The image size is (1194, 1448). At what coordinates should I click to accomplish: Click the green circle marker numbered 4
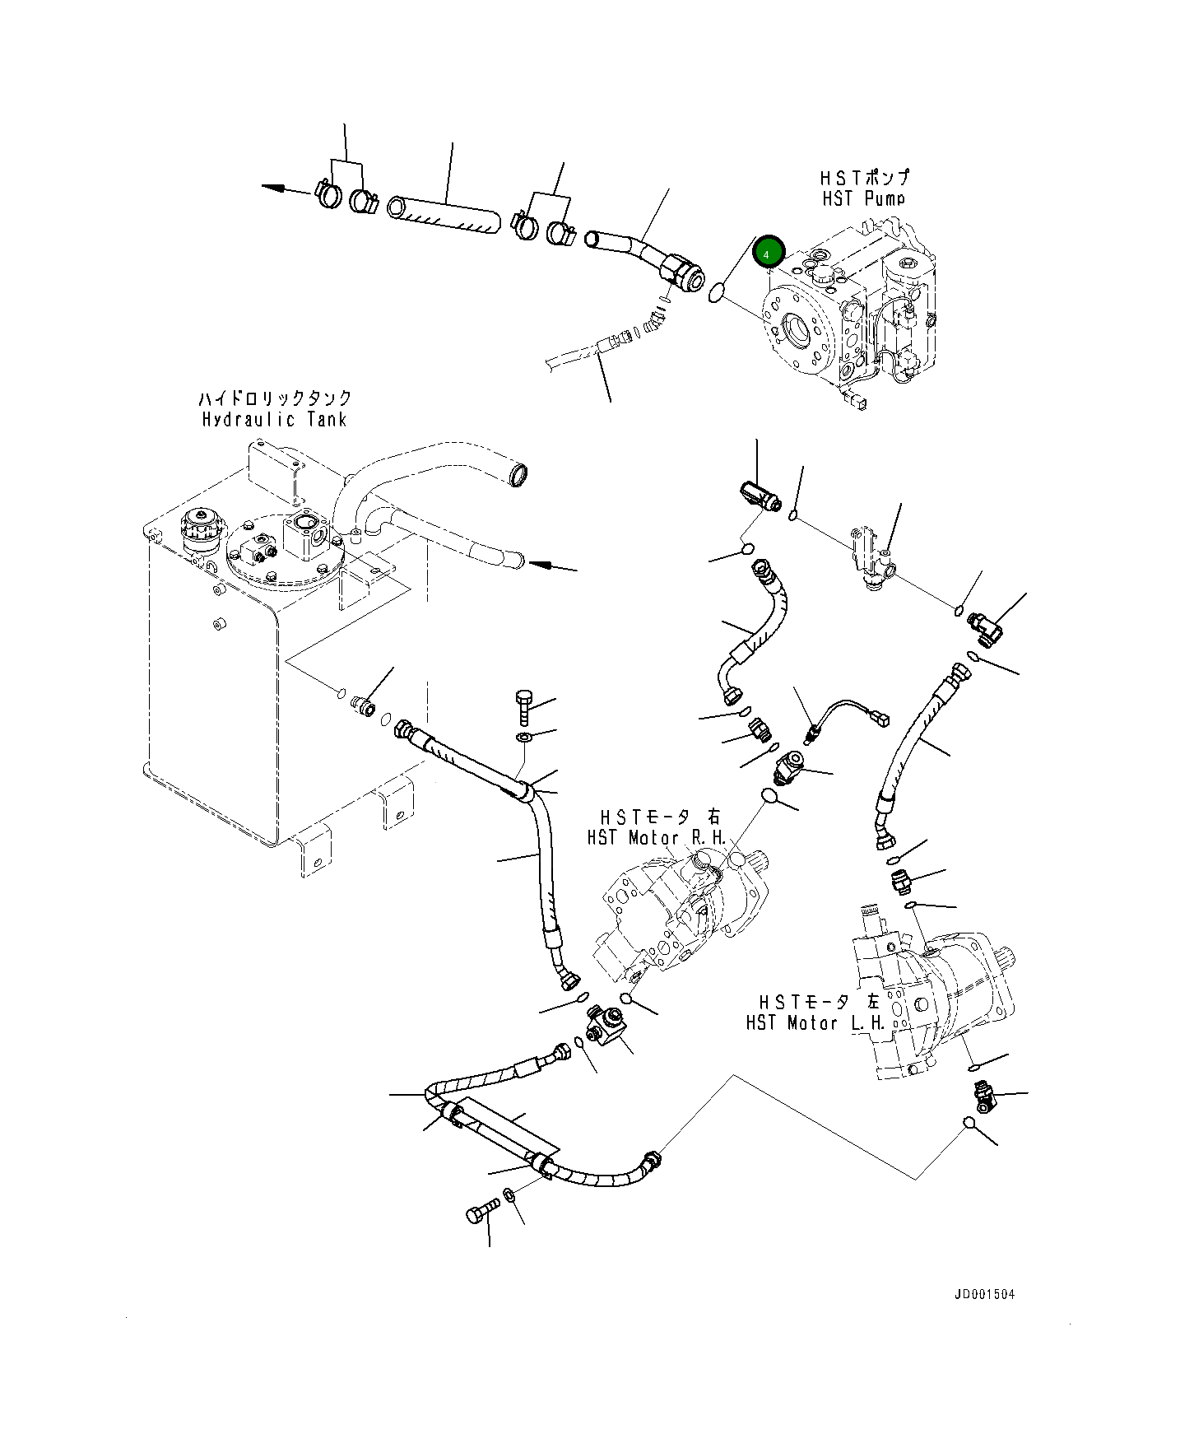point(769,251)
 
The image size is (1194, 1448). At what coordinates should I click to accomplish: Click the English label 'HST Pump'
point(863,198)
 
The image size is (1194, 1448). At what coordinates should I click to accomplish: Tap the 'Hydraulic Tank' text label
point(274,419)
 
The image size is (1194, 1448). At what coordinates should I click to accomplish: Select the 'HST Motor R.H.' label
point(657,838)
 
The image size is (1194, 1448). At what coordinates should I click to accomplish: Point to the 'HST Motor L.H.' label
point(815,1023)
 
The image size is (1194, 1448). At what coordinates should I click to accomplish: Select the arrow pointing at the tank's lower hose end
point(540,565)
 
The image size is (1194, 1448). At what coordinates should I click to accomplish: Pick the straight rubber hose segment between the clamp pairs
point(444,215)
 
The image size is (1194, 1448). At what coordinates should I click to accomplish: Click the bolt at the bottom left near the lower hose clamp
point(481,1212)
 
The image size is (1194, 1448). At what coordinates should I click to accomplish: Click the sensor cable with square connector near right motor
point(848,712)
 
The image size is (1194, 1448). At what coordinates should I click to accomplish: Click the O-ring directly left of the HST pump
point(717,291)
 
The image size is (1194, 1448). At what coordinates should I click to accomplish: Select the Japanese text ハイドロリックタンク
point(274,398)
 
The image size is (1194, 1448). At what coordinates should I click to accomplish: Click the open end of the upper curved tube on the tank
point(519,475)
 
